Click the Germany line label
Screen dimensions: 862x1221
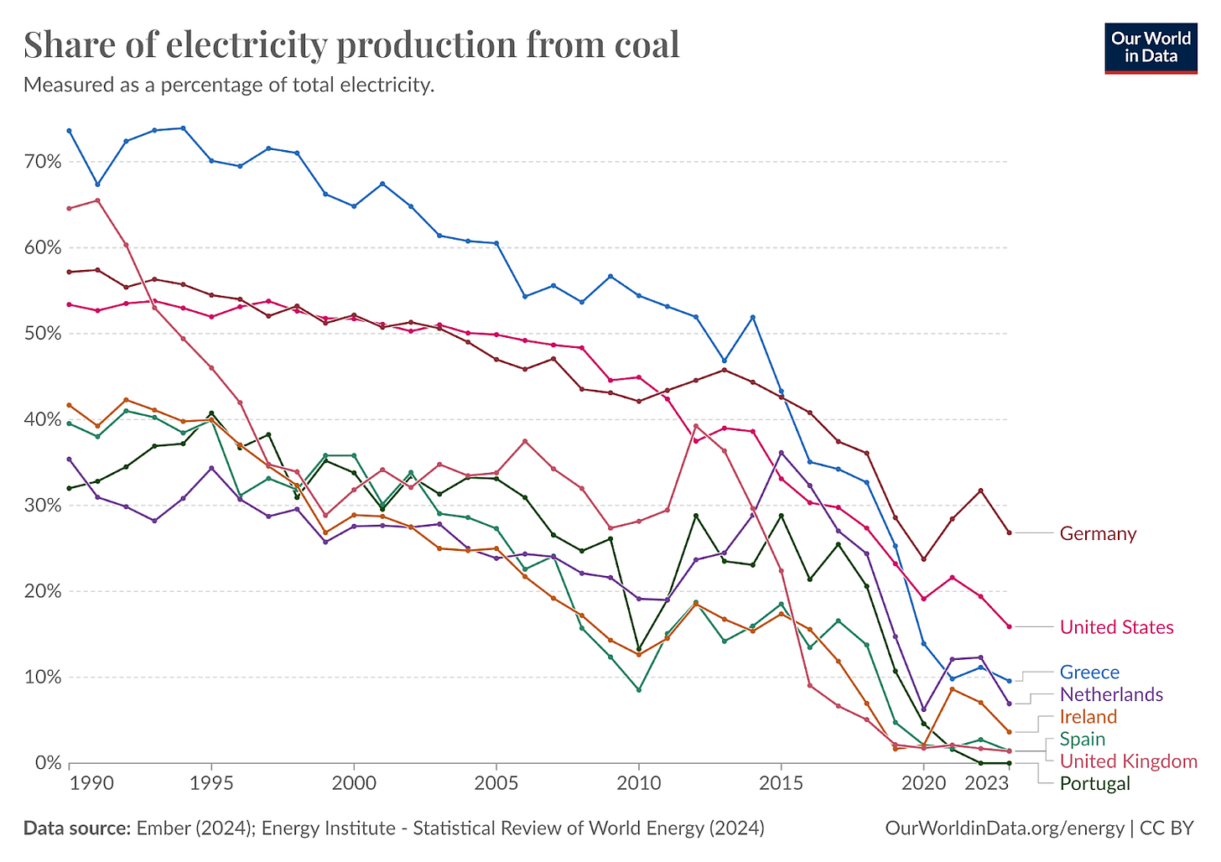pos(1098,534)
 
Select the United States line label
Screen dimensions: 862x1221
pos(1116,627)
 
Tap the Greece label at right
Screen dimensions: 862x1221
pos(1089,672)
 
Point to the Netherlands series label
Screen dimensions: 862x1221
pos(1111,694)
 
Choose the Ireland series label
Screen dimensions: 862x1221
pos(1089,717)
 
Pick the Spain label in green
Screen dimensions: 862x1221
pos(1082,739)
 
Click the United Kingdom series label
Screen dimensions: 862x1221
pos(1128,761)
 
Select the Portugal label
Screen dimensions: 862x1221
pos(1095,784)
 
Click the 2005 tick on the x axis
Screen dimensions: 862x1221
pos(496,783)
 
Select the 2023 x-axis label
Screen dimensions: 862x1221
pos(987,783)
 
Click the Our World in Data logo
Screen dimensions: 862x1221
pos(1150,48)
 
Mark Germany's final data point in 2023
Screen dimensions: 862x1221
pos(1009,533)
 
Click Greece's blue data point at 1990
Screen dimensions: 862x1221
pos(70,131)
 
